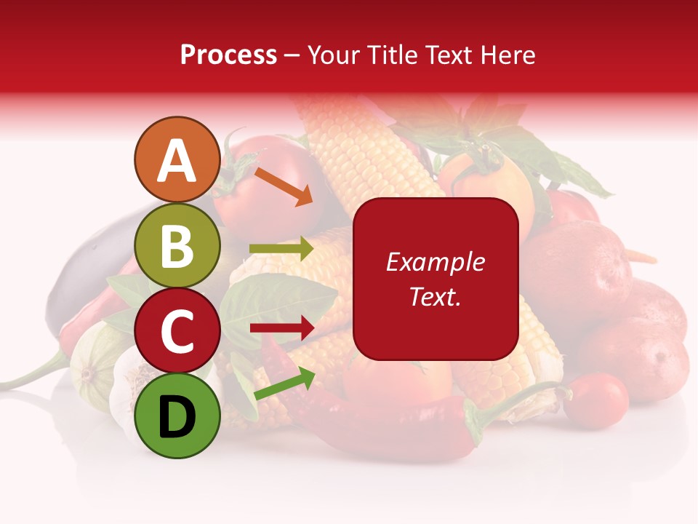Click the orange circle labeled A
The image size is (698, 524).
tap(177, 160)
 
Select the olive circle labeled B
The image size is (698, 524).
tap(177, 246)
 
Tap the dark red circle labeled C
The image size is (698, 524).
tap(177, 331)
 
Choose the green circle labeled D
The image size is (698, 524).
tap(177, 416)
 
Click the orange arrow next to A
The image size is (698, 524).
tap(283, 186)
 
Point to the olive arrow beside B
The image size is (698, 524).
tap(281, 249)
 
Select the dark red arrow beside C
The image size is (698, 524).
tap(281, 328)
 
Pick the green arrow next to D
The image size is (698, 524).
tap(284, 384)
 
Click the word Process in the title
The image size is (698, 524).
tap(228, 55)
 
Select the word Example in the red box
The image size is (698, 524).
tap(435, 262)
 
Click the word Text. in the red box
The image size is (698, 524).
tap(435, 296)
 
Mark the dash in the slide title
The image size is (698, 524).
tap(292, 55)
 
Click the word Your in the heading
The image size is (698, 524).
tap(332, 55)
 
